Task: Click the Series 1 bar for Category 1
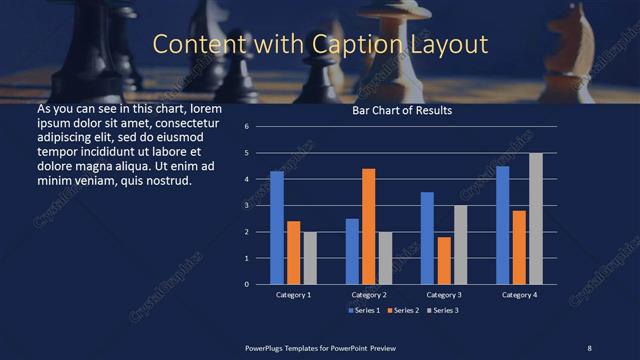tap(277, 228)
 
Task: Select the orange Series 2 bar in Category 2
tap(368, 226)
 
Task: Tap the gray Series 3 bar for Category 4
tap(535, 218)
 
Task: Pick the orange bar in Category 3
tap(444, 260)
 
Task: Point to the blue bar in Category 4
tap(502, 225)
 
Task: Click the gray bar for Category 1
tap(310, 258)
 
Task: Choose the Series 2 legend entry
tap(403, 310)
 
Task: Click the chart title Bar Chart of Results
tap(402, 111)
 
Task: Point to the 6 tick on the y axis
tap(259, 127)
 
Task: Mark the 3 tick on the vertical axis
tap(259, 205)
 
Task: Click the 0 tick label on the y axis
tap(259, 284)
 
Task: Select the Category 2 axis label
tap(368, 295)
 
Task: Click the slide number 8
tap(589, 347)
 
